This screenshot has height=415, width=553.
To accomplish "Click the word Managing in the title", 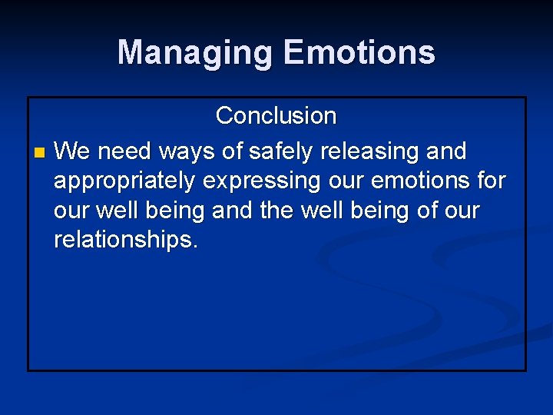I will [x=195, y=53].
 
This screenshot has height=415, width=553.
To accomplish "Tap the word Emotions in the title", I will [x=359, y=53].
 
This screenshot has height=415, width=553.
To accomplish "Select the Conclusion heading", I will [x=276, y=116].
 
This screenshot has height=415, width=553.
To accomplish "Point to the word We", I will [x=73, y=151].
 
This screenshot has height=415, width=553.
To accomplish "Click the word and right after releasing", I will [x=445, y=151].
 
